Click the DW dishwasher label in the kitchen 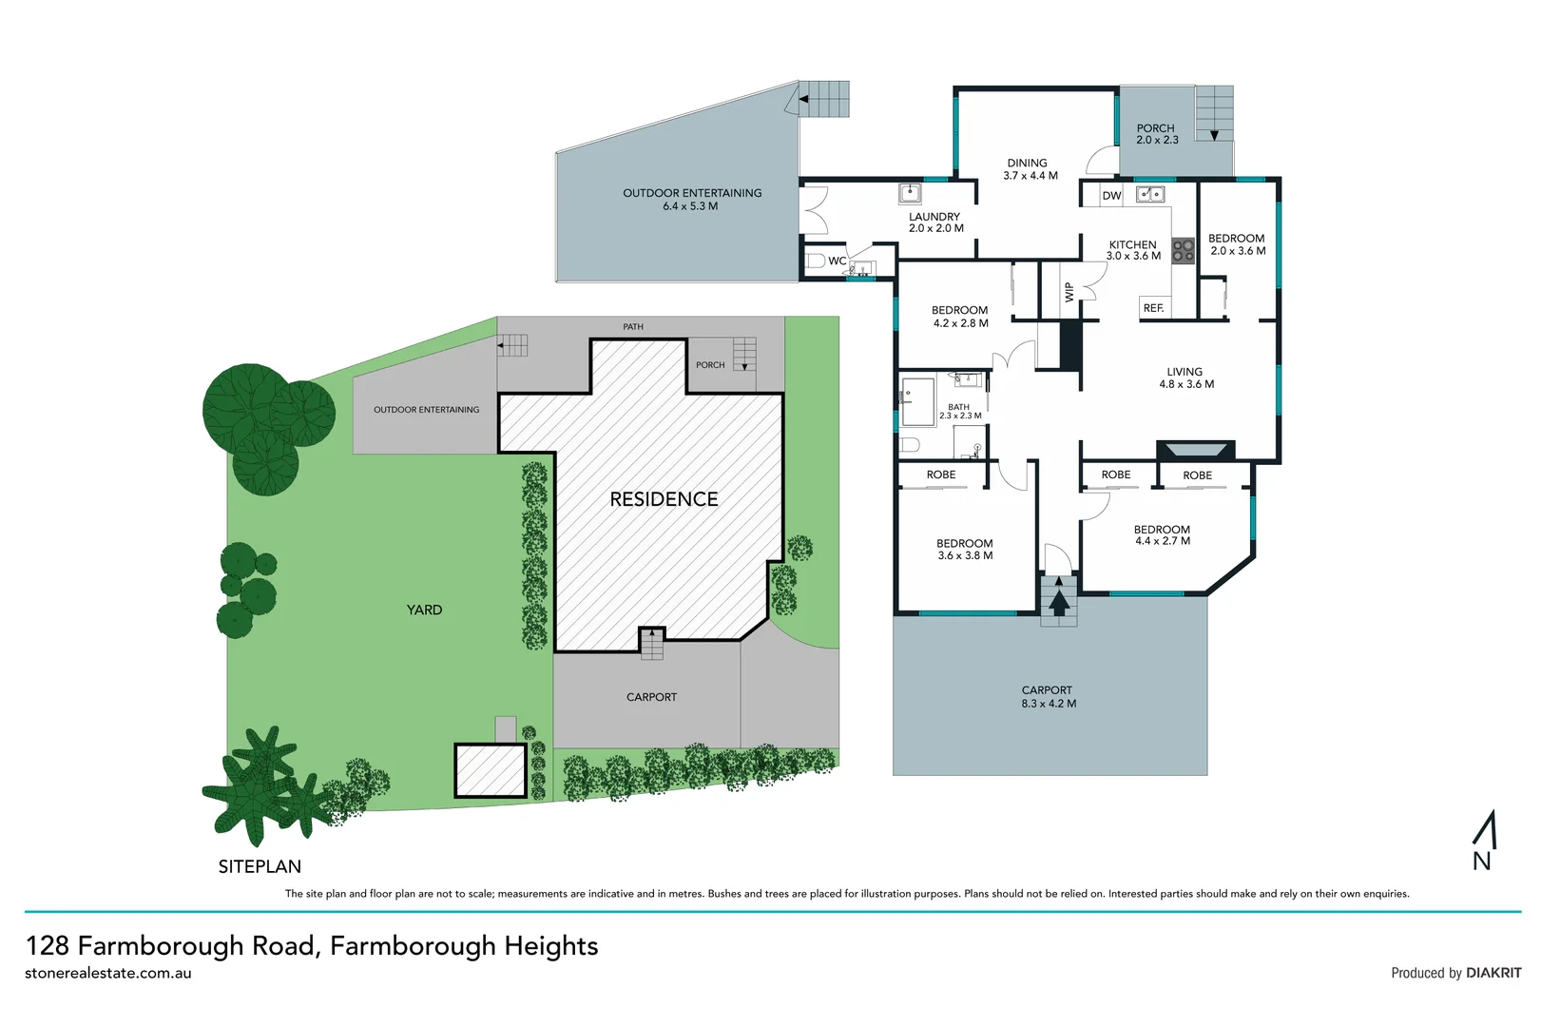(x=1111, y=196)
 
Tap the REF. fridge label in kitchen (x=1153, y=308)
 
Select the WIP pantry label (x=1069, y=292)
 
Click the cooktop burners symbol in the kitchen (x=1183, y=251)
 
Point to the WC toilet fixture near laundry (x=817, y=261)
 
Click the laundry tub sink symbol (x=910, y=194)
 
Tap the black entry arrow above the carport (x=1058, y=601)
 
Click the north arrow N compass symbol (x=1484, y=841)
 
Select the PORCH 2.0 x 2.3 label (x=1157, y=134)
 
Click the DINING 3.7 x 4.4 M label (x=1030, y=169)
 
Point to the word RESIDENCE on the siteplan (x=664, y=499)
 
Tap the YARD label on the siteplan (x=424, y=610)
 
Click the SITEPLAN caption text (x=260, y=866)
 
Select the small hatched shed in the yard (x=491, y=770)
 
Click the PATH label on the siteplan (x=633, y=327)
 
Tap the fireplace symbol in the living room (x=1195, y=451)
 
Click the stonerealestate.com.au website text (x=108, y=974)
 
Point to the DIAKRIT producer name (x=1493, y=973)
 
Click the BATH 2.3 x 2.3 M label (x=960, y=412)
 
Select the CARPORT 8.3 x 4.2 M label (x=1048, y=697)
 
